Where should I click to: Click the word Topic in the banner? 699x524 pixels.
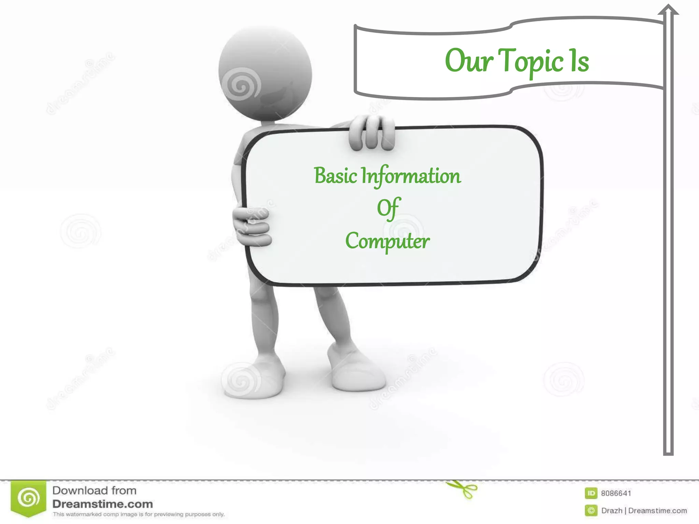532,61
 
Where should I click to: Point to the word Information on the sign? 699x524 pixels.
411,176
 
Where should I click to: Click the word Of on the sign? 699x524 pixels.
388,208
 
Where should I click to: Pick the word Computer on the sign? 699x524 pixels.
387,242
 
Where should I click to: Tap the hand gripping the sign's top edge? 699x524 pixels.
371,133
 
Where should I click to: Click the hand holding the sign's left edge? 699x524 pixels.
252,226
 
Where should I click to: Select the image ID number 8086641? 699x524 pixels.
616,493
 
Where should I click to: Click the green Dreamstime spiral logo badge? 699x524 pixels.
29,498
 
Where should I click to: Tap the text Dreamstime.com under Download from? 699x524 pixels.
102,504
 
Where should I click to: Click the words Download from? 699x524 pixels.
94,491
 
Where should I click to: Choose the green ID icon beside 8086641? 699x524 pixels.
591,493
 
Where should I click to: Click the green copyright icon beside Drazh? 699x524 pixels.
591,511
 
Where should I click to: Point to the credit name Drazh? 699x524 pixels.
612,511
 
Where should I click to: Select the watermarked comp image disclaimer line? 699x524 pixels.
139,514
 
